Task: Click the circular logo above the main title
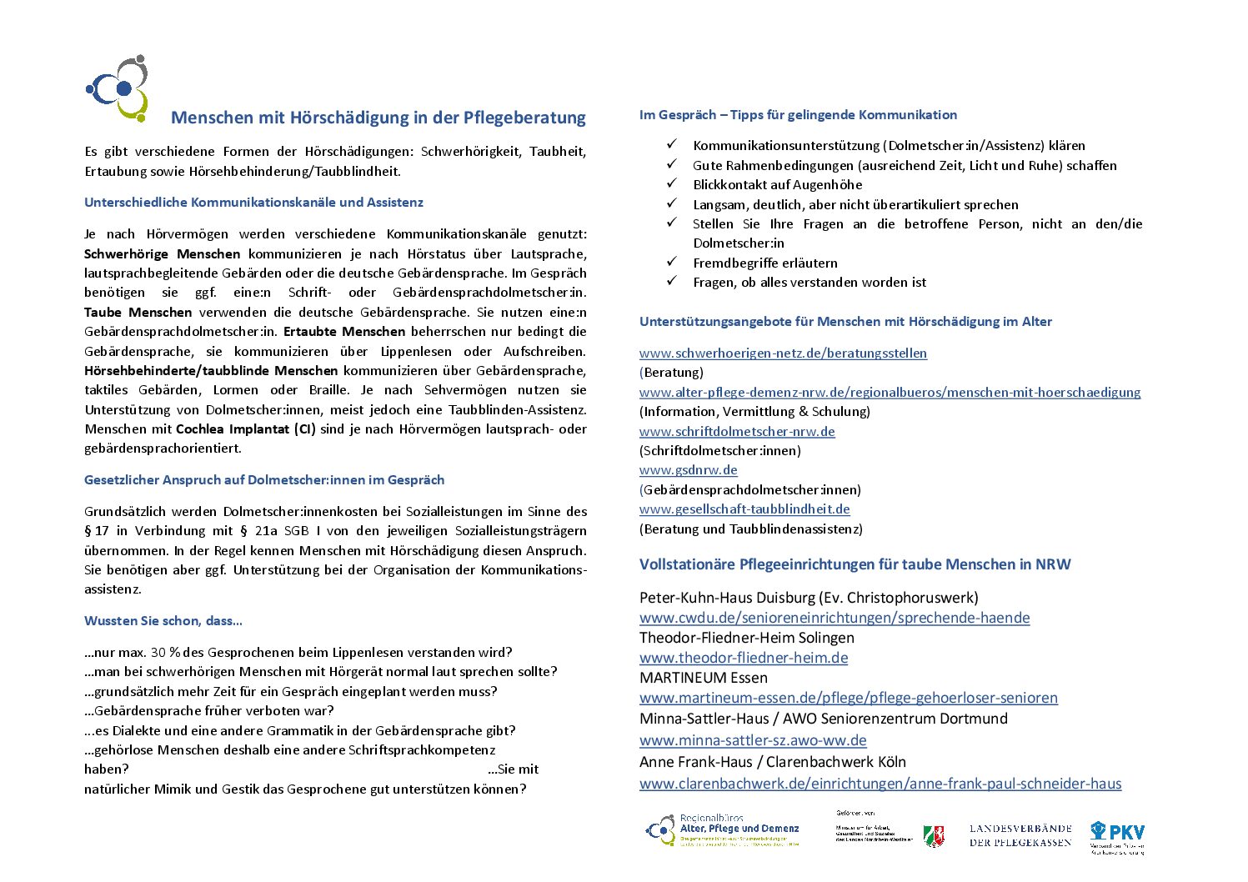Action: tap(118, 88)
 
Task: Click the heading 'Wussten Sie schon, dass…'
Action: tap(163, 621)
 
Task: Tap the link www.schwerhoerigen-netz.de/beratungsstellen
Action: tap(783, 353)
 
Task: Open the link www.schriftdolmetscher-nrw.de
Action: tap(737, 432)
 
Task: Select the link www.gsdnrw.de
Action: tap(688, 470)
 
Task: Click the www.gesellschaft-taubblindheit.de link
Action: tap(744, 509)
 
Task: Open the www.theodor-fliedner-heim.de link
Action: tap(744, 658)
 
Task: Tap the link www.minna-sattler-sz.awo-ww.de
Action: tap(753, 740)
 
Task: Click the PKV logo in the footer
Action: tap(1117, 836)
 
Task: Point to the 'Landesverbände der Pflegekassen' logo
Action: tap(1020, 834)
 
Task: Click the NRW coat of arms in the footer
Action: tap(933, 836)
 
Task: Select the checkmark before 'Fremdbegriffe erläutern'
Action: tap(672, 262)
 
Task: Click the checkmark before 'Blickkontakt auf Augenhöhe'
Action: tap(672, 184)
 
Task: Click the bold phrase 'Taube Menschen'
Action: tap(138, 313)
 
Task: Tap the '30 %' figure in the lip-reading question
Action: tap(166, 653)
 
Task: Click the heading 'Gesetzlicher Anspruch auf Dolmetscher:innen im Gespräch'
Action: tap(264, 480)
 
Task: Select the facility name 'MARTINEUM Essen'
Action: tap(703, 678)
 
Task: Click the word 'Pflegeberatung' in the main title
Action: tap(525, 118)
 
